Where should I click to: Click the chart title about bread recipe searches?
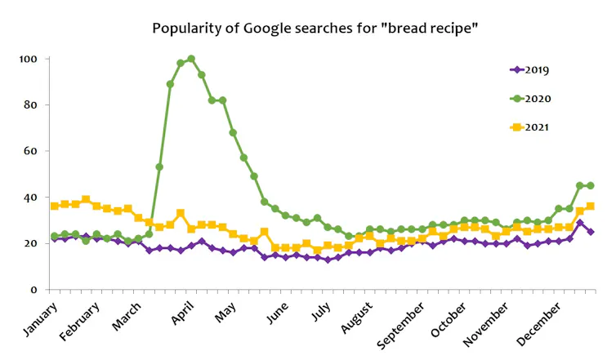coord(315,29)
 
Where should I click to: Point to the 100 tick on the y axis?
coord(29,60)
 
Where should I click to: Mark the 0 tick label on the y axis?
coord(34,290)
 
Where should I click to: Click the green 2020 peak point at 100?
coord(191,59)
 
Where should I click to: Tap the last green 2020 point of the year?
coord(590,185)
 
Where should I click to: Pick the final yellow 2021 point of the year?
coord(590,207)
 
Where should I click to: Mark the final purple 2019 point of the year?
coord(590,232)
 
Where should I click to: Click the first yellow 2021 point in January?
coord(55,206)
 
